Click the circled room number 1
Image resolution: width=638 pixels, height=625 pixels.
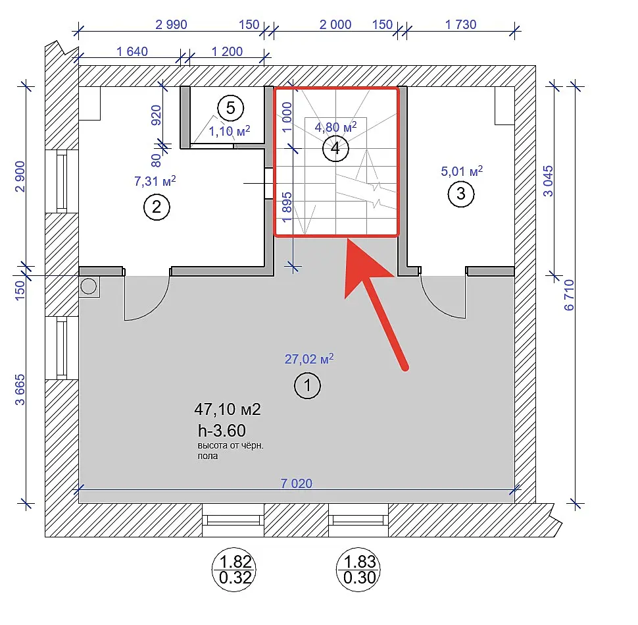(x=307, y=385)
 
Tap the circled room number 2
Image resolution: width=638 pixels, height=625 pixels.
(x=157, y=207)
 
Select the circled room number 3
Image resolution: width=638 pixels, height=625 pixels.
(x=460, y=194)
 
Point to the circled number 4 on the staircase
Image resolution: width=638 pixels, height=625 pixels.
(x=335, y=148)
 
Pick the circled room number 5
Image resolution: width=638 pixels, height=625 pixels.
(x=230, y=108)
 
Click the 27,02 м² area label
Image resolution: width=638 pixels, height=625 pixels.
(x=309, y=358)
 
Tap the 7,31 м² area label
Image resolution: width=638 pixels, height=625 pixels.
(x=155, y=180)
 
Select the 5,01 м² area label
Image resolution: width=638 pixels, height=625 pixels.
(x=462, y=171)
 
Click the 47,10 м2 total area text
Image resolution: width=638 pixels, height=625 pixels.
(x=228, y=409)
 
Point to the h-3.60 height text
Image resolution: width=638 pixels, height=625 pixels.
(x=222, y=431)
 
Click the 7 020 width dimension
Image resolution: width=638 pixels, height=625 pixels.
(x=296, y=483)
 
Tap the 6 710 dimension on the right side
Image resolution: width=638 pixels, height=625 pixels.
(x=569, y=295)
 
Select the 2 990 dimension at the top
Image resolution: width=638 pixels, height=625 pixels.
(x=171, y=24)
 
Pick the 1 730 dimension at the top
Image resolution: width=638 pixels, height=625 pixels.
(x=460, y=24)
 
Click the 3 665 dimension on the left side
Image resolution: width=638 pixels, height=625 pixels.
(x=20, y=390)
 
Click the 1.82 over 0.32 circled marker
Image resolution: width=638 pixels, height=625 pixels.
(x=234, y=570)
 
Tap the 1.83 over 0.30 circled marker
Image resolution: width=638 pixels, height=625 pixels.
(x=358, y=570)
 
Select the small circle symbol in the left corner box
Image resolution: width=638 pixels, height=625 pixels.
(x=89, y=286)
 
